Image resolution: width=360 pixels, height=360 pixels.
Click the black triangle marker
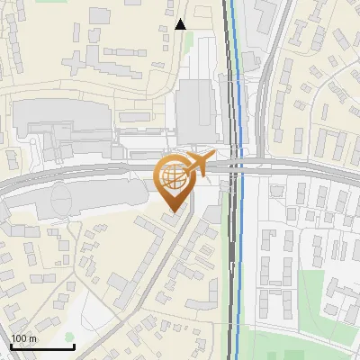click(x=180, y=24)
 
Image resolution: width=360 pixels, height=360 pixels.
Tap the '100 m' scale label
click(x=24, y=338)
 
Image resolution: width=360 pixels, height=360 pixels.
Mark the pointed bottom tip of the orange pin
click(x=172, y=211)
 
